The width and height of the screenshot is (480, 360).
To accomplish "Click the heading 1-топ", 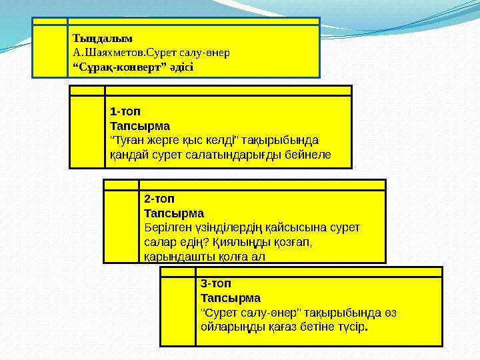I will [x=125, y=111].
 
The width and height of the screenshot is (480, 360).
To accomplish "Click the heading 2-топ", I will [x=159, y=199].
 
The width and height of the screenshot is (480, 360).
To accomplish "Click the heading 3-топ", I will [x=215, y=283].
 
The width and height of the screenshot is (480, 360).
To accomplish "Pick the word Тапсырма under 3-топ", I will [x=230, y=297].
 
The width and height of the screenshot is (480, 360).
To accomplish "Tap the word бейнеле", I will [x=308, y=155].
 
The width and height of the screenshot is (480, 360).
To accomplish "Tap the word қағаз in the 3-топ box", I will [x=281, y=327].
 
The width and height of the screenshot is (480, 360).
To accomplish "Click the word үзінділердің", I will [x=228, y=227].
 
